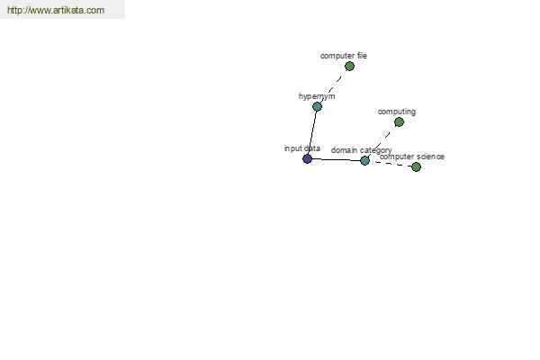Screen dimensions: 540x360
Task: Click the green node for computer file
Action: [x=349, y=66]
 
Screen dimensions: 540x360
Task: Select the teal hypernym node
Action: [x=317, y=106]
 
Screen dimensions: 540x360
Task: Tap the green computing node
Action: [x=399, y=122]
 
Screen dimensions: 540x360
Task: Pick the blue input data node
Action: [x=307, y=158]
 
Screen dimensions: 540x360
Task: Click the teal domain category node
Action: [x=364, y=160]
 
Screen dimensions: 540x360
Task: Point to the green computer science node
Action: [x=416, y=167]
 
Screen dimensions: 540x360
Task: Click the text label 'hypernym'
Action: [x=317, y=96]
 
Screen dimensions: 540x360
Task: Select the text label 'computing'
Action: [x=396, y=112]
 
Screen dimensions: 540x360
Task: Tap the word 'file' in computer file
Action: [x=362, y=56]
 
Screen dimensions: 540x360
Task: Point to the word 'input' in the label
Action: [x=292, y=148]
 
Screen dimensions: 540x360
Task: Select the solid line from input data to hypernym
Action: [x=312, y=132]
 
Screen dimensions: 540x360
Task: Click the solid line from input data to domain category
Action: [x=336, y=159]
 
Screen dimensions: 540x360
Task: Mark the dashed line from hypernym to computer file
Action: [x=333, y=86]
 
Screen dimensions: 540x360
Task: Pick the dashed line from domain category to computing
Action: [x=382, y=141]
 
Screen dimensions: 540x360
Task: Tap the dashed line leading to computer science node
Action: [x=391, y=164]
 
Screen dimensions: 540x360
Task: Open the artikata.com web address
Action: [x=56, y=10]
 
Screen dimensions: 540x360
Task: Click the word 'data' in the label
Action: [x=311, y=148]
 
